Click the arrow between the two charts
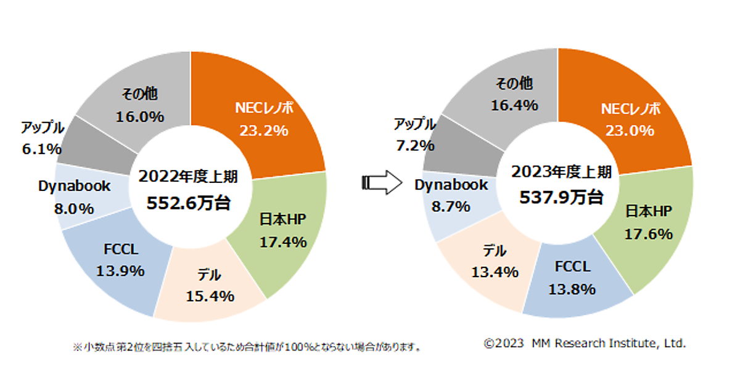pyautogui.click(x=382, y=183)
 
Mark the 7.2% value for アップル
pyautogui.click(x=414, y=145)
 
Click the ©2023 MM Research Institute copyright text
pyautogui.click(x=585, y=344)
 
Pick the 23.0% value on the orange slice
pyautogui.click(x=630, y=130)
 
